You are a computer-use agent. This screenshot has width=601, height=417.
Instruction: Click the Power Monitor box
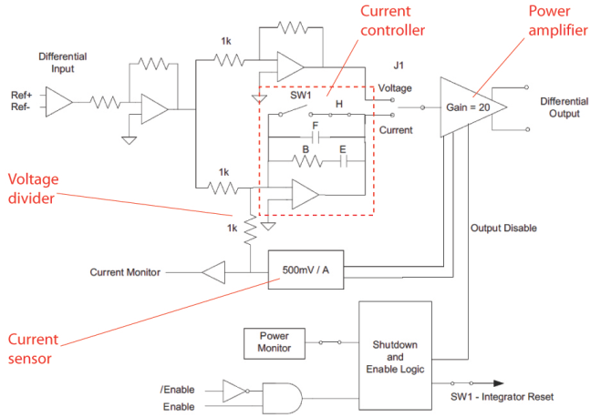click(x=275, y=342)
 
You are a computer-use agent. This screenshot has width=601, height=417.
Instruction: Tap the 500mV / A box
click(x=306, y=270)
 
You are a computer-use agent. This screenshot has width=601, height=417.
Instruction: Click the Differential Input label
click(x=63, y=62)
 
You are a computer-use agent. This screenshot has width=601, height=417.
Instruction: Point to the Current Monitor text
click(x=126, y=270)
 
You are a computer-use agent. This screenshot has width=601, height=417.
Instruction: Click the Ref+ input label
click(x=22, y=94)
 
